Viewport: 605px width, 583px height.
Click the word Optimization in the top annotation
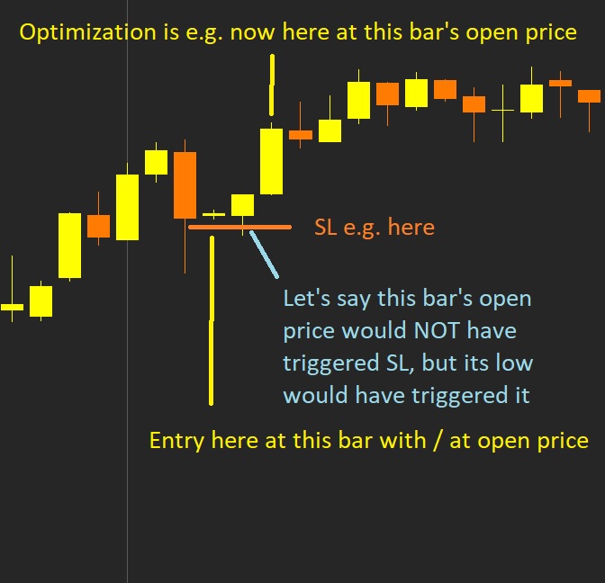(x=87, y=32)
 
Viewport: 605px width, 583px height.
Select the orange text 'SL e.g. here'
(x=375, y=228)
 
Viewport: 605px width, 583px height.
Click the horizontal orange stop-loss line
(x=239, y=228)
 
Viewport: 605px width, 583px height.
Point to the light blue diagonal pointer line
(x=264, y=254)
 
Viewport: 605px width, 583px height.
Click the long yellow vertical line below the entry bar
(x=212, y=321)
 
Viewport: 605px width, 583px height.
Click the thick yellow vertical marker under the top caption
(x=272, y=85)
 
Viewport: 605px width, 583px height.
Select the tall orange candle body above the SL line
(x=185, y=185)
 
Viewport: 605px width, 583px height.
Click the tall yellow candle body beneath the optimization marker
(x=271, y=161)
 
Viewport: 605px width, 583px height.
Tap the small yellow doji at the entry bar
(x=213, y=214)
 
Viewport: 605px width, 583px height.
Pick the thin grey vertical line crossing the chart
(x=127, y=291)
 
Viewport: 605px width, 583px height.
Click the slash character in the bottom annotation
(x=438, y=441)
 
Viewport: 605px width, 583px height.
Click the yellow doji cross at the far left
(x=12, y=308)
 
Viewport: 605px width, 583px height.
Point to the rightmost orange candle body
(x=589, y=96)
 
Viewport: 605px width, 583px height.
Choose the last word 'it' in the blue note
(x=523, y=395)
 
